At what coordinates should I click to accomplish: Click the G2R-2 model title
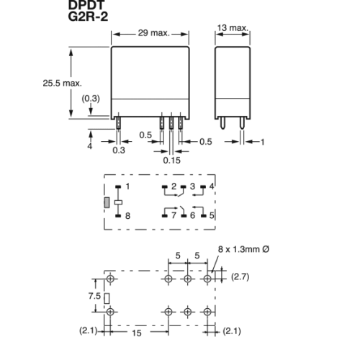pos(88,17)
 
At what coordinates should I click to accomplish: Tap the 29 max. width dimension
pos(154,33)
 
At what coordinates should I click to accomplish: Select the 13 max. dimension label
pos(233,28)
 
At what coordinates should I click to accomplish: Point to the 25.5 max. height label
pos(62,84)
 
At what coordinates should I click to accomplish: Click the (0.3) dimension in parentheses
pos(91,99)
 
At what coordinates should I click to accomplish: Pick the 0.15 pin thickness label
pos(171,161)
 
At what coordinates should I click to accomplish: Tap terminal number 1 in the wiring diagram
pos(127,186)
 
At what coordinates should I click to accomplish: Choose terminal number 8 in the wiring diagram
pos(127,216)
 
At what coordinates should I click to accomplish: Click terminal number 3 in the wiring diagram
pos(192,186)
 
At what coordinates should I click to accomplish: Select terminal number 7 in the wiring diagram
pos(174,215)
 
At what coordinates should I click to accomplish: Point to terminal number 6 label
pos(192,215)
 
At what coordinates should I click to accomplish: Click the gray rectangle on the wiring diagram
pos(107,203)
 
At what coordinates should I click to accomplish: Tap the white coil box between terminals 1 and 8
pos(118,202)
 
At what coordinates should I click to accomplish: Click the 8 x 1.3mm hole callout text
pos(243,249)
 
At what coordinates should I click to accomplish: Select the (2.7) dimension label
pos(240,276)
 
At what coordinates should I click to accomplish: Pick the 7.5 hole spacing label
pos(94,296)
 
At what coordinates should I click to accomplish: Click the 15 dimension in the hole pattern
pos(137,333)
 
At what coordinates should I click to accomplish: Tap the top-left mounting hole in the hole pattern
pos(110,279)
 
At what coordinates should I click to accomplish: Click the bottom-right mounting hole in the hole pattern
pos(207,312)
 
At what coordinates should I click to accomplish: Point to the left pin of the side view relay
pos(223,123)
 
